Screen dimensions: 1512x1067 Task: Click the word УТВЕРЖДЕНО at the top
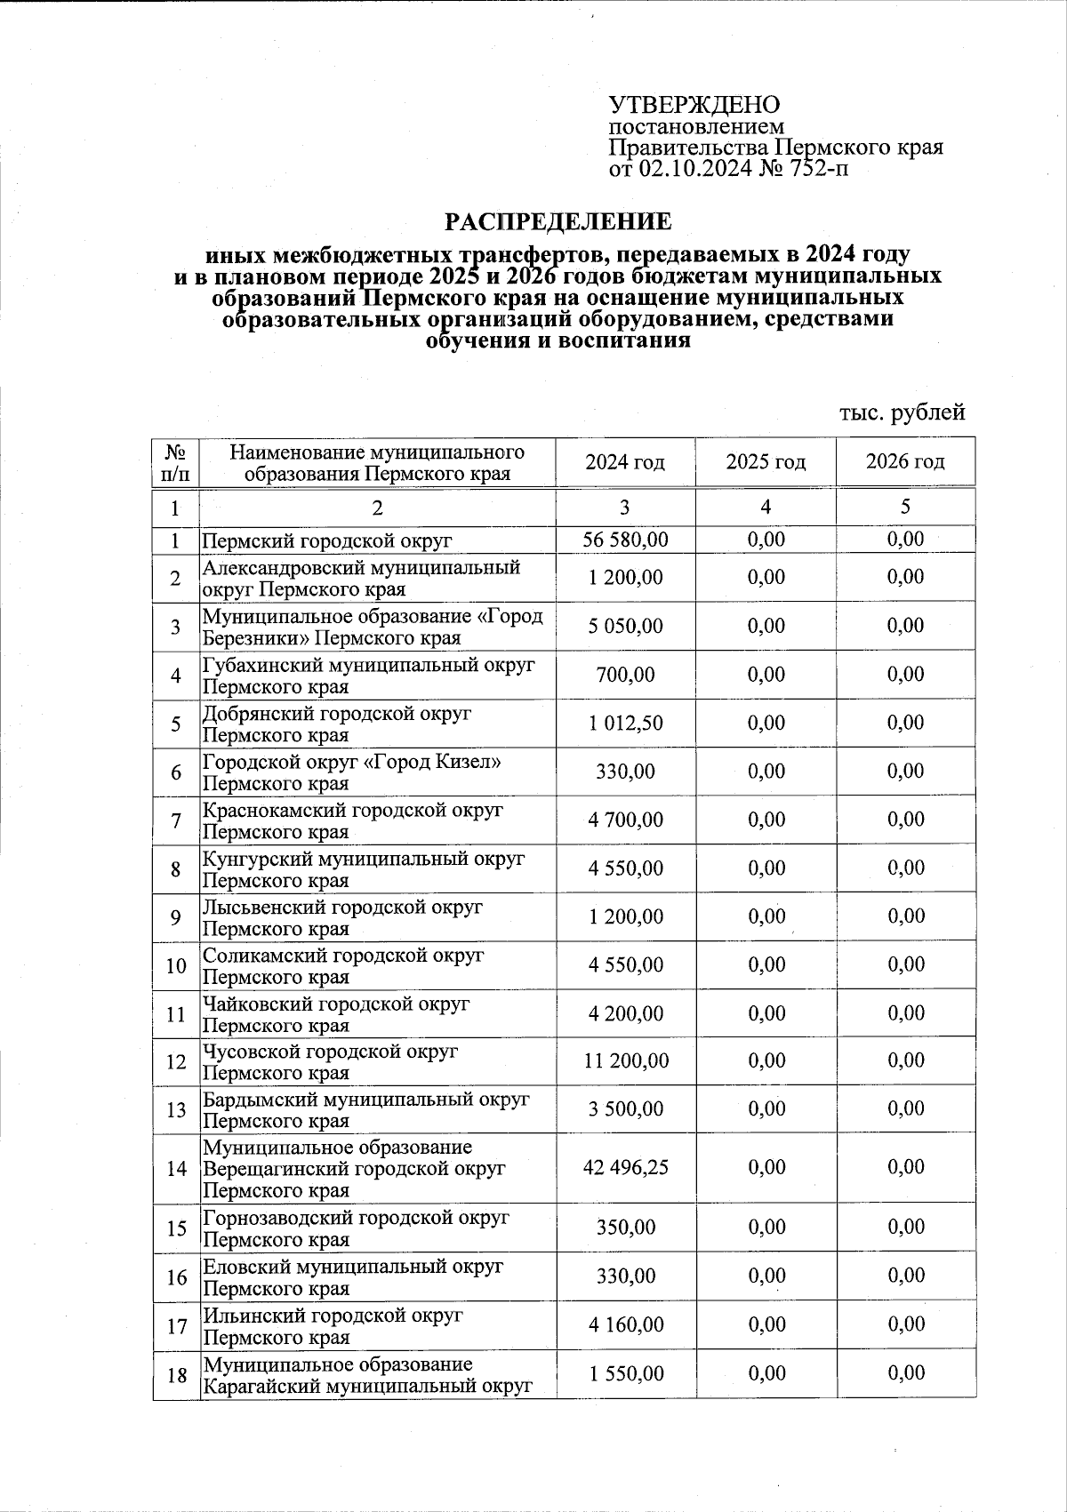[694, 105]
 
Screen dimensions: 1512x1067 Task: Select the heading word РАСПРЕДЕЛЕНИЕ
[558, 220]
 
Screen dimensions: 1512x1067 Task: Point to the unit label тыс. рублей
[902, 412]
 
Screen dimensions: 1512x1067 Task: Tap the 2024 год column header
[625, 462]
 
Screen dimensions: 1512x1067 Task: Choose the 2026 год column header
[905, 462]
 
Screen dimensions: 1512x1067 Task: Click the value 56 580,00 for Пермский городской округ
[625, 540]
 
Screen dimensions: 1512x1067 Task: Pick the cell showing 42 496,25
[625, 1167]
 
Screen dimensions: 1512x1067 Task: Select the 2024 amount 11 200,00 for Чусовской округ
[625, 1060]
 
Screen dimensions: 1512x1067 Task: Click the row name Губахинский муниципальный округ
[368, 665]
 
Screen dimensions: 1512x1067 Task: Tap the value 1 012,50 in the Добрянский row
[625, 723]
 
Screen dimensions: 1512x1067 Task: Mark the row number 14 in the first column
[176, 1168]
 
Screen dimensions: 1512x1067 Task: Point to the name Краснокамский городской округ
[352, 811]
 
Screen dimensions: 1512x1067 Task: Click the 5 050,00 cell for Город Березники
[625, 626]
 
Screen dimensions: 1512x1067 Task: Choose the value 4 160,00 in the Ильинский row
[625, 1324]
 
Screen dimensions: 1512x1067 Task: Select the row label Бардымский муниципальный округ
[365, 1100]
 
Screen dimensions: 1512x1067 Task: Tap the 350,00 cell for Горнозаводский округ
[625, 1228]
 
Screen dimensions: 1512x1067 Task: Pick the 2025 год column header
[766, 462]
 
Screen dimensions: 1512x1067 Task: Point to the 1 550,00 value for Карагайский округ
[625, 1373]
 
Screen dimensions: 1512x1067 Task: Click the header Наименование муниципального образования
[377, 462]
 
